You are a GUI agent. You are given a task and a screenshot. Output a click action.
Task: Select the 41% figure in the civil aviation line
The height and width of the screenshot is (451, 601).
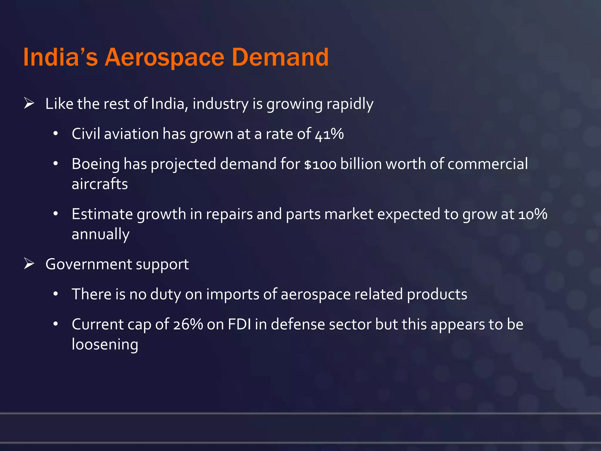329,134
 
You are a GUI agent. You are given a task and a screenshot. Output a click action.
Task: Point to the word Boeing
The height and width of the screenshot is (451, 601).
96,164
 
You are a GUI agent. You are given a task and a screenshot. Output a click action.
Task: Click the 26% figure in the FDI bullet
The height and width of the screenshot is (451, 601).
188,324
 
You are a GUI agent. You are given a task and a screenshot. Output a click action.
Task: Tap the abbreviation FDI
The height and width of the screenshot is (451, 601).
239,324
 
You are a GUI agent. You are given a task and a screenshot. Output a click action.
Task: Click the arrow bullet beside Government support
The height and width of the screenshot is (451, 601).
29,263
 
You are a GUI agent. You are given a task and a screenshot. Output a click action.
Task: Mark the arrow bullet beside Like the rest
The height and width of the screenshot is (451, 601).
29,103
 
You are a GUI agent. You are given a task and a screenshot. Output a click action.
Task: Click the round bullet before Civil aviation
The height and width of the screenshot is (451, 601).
55,134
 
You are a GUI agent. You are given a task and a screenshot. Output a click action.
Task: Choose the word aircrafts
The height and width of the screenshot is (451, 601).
100,184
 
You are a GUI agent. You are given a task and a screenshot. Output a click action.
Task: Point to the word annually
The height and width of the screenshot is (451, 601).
100,234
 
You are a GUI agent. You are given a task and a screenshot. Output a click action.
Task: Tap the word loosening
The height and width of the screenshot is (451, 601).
105,344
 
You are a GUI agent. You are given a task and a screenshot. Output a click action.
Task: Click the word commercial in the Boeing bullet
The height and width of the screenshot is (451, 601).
488,164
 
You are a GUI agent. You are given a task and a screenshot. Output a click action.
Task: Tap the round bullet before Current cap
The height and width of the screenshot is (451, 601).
55,324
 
